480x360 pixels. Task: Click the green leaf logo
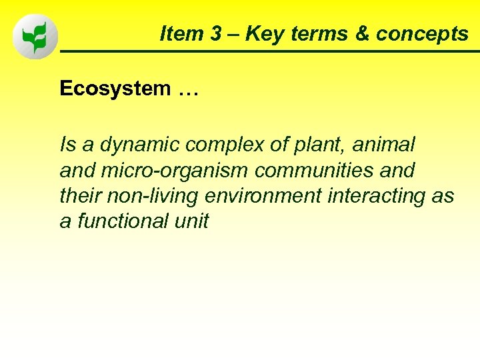[35, 37]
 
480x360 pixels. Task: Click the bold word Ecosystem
[115, 89]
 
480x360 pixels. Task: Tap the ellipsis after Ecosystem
[188, 91]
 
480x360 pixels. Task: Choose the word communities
[311, 170]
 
